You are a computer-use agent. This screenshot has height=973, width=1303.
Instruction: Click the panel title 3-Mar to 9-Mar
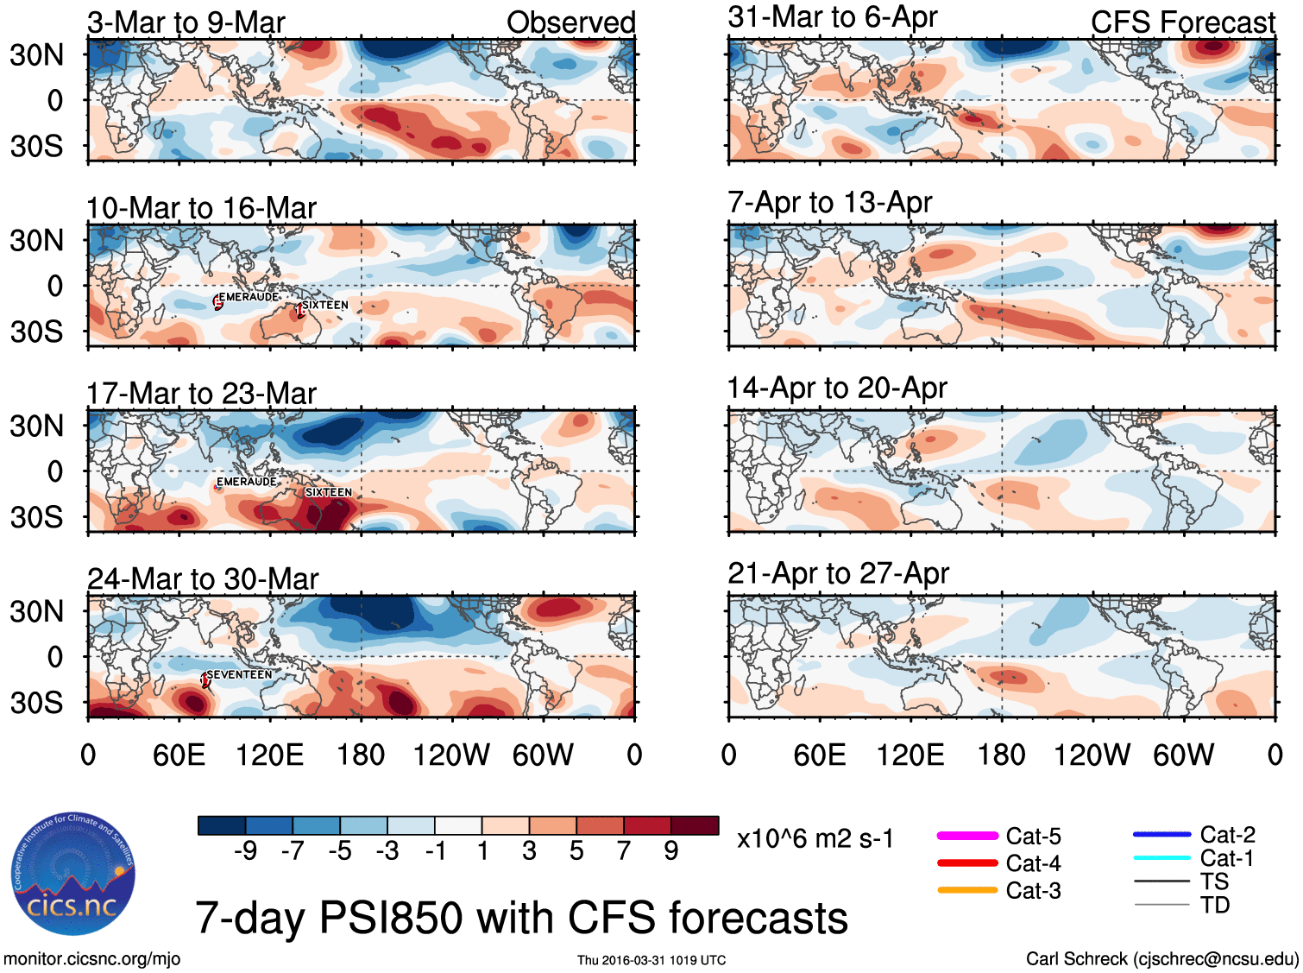tap(186, 22)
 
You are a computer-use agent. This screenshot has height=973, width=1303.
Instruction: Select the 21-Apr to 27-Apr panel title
tap(838, 573)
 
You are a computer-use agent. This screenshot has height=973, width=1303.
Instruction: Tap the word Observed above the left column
tap(570, 22)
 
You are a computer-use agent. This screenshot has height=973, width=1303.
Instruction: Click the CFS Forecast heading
tap(1182, 22)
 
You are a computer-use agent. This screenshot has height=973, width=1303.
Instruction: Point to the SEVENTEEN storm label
tap(239, 674)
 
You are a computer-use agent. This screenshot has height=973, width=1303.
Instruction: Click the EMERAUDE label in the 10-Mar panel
tap(249, 297)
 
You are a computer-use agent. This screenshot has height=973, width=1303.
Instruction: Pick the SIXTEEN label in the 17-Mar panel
tap(328, 492)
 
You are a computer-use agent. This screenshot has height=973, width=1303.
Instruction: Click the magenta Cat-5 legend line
tap(967, 836)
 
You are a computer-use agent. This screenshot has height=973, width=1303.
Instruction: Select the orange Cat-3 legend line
tap(967, 890)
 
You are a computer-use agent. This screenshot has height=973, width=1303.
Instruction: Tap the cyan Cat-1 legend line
tap(1161, 858)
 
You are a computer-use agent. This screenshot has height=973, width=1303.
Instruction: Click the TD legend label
tap(1214, 905)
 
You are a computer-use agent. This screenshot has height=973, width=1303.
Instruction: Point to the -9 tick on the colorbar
tap(246, 851)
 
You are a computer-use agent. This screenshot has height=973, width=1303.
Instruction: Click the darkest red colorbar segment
tap(695, 825)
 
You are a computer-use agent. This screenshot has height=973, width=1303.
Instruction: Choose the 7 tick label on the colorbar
tap(624, 851)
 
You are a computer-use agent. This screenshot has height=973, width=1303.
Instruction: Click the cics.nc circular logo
tap(73, 874)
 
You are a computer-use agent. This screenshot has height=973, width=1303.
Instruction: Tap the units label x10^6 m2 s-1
tap(815, 838)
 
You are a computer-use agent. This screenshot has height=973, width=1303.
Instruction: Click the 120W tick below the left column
tap(451, 755)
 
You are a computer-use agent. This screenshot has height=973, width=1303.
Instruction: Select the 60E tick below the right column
tap(820, 755)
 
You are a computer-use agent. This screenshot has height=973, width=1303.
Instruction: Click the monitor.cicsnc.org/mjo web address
tap(91, 958)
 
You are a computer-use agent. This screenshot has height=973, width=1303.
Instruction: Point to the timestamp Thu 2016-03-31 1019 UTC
tap(651, 960)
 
